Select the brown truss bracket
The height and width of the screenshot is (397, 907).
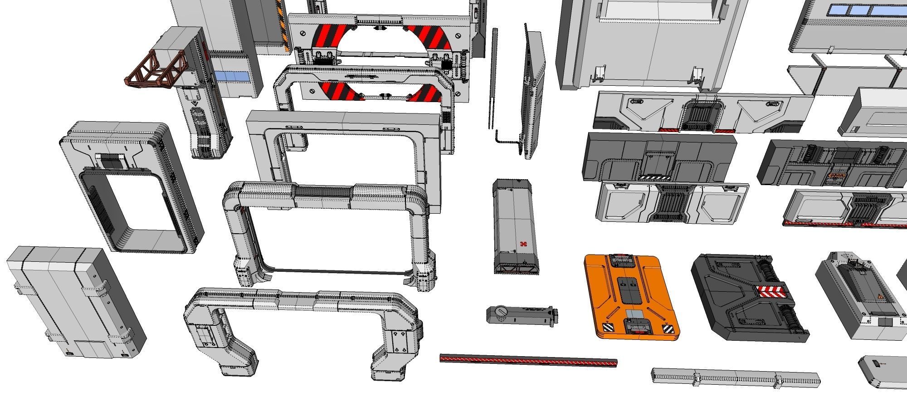[156, 70]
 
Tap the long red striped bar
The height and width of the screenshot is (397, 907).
[528, 361]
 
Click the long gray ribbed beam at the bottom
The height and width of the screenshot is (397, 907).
[735, 377]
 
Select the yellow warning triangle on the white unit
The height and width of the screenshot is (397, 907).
[880, 296]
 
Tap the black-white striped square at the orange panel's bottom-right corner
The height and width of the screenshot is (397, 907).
[668, 329]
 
